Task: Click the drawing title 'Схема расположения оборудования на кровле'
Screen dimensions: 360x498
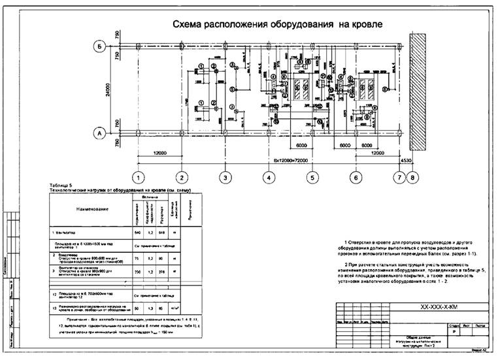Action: pos(276,25)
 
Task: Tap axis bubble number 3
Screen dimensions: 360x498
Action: pos(225,176)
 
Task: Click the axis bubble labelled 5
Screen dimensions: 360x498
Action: pos(312,176)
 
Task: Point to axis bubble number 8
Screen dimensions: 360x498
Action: pos(411,176)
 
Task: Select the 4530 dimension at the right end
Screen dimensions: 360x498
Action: pos(407,159)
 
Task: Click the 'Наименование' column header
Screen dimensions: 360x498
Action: pos(91,208)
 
